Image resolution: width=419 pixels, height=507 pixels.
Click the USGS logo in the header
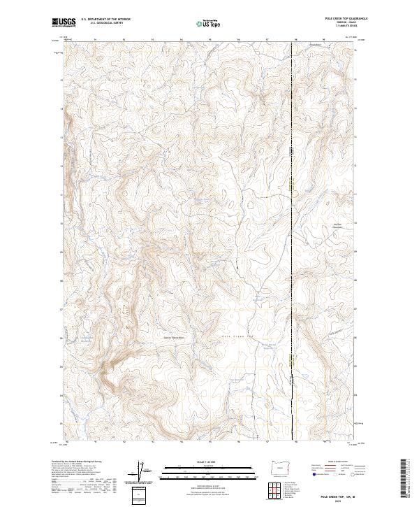point(64,22)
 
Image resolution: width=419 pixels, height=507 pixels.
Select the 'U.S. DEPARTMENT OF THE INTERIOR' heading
point(105,20)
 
